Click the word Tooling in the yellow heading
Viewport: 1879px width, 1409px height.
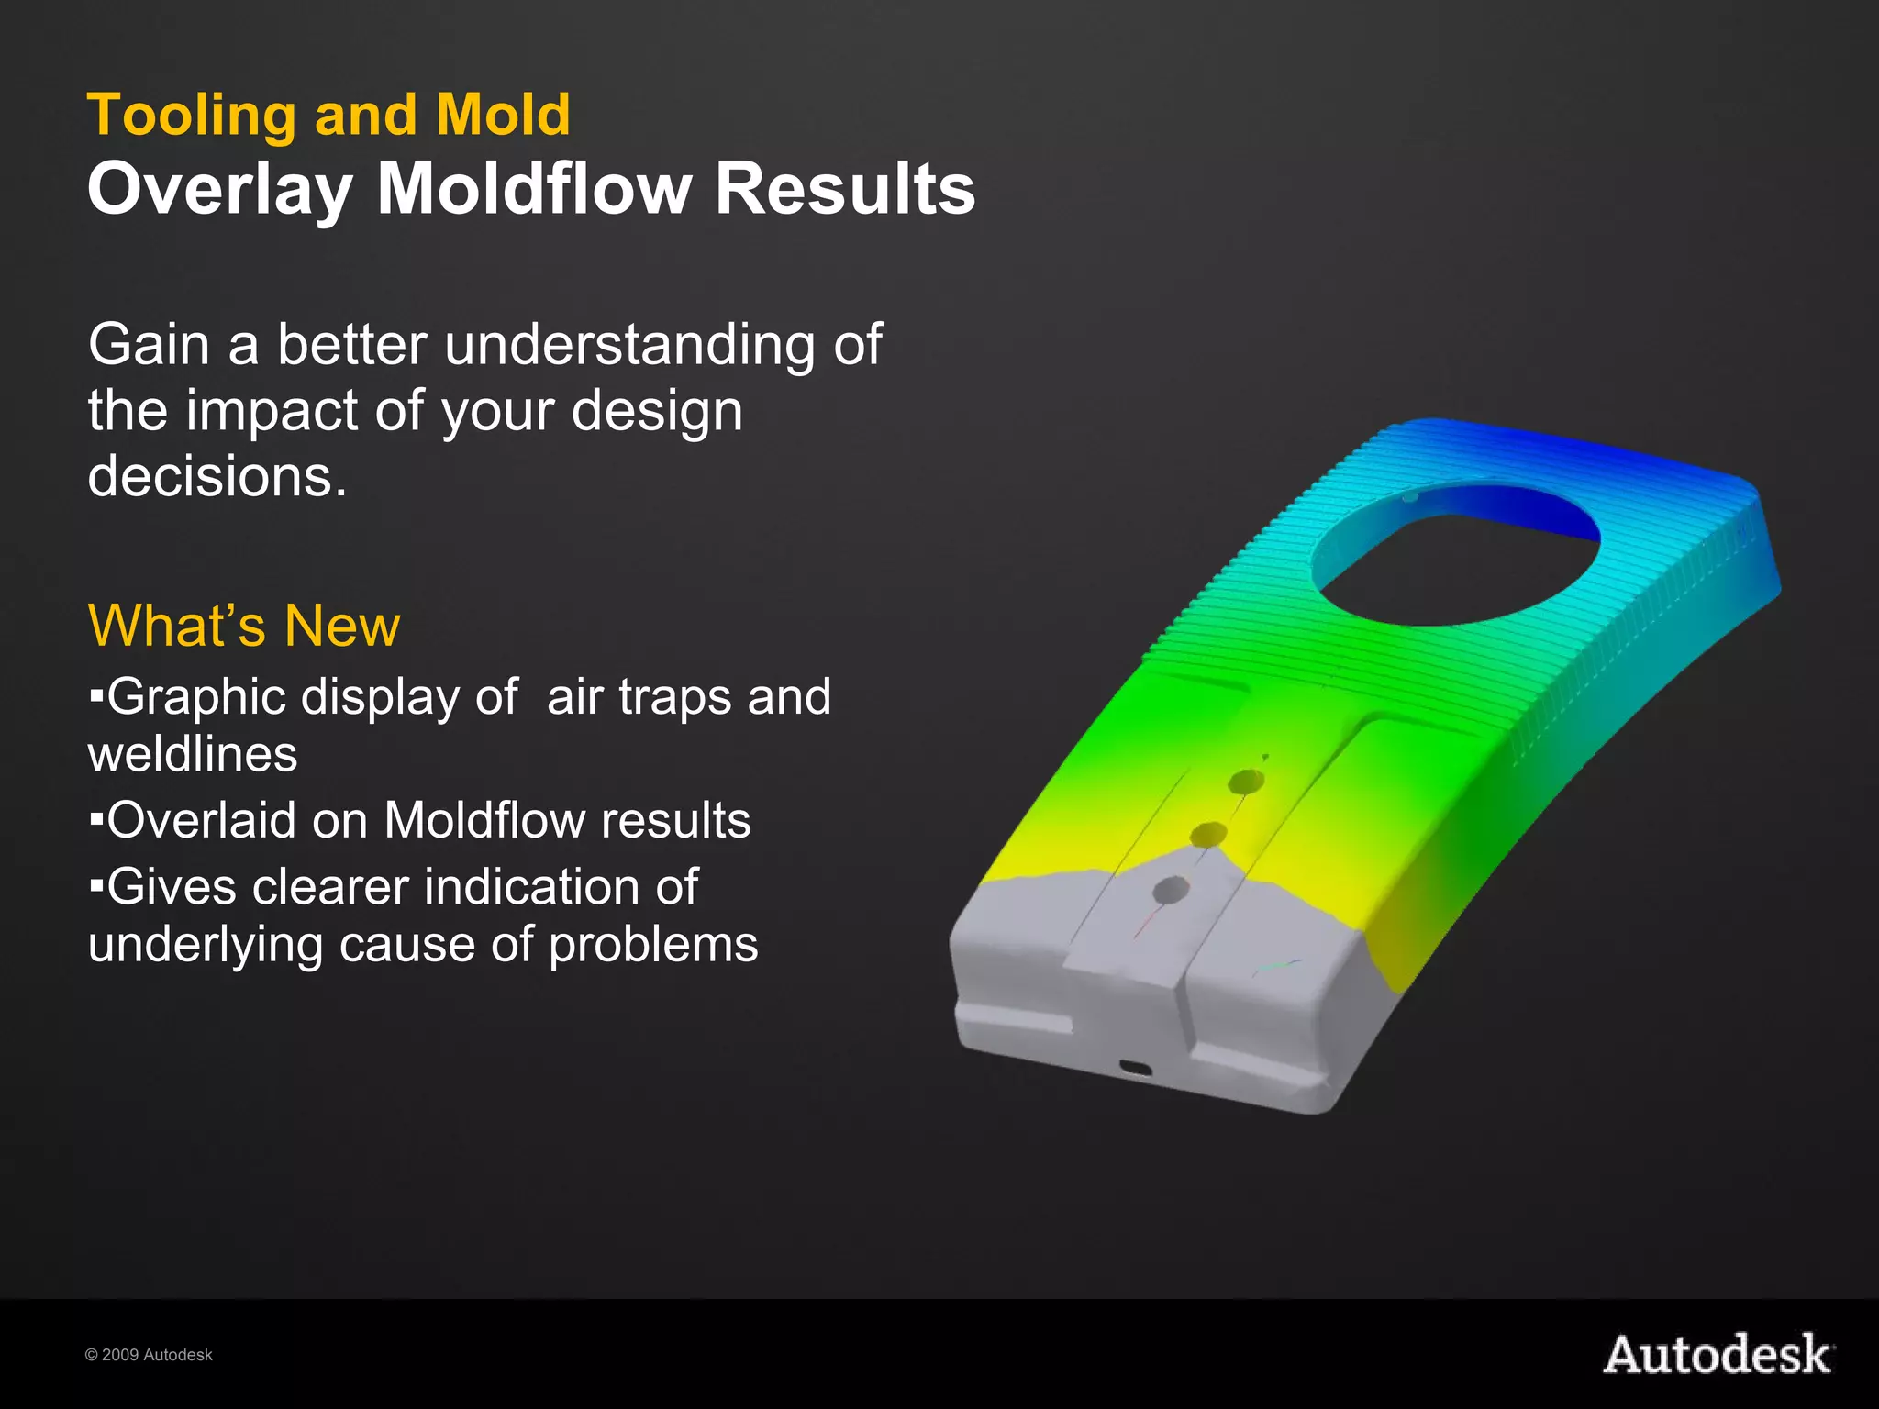click(191, 116)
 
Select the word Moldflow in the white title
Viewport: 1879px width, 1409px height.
click(534, 189)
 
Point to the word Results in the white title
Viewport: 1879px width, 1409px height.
click(844, 189)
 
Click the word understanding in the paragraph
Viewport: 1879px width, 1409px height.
click(628, 347)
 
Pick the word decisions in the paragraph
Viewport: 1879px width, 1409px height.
click(217, 477)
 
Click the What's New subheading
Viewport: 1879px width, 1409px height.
click(244, 626)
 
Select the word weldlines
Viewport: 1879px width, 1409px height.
click(193, 755)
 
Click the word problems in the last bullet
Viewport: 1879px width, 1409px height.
click(653, 945)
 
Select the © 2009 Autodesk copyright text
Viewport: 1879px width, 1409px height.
click(149, 1355)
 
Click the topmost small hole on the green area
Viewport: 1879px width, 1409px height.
click(1246, 782)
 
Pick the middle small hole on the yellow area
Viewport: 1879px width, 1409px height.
click(1208, 834)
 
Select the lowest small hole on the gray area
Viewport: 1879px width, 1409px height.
click(1171, 889)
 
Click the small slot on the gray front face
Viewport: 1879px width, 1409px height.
click(1136, 1068)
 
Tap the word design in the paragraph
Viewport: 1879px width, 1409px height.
click(657, 411)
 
